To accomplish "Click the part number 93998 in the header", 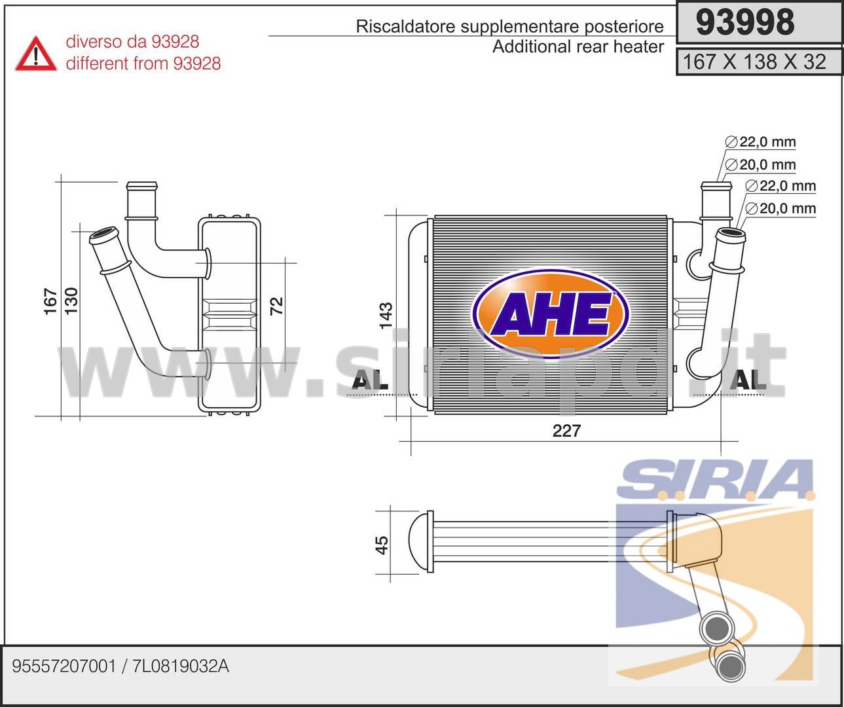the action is pos(745,22).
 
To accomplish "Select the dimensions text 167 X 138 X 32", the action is pos(754,62).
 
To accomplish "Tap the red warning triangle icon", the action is pos(36,54).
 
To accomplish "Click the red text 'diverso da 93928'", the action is pos(132,42).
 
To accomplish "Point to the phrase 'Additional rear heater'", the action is pos(578,46).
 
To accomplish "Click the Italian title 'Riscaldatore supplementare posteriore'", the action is pos(509,26).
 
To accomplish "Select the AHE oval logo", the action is pos(550,314).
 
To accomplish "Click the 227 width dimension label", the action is pos(566,431).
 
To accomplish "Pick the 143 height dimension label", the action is pos(386,315).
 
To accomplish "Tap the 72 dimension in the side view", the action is pos(277,306).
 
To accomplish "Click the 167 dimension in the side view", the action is pos(51,301).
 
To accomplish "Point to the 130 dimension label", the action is pos(71,300).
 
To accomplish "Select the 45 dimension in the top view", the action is pos(382,545).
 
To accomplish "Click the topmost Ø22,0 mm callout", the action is pos(760,142).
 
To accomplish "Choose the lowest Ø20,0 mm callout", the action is pos(780,209).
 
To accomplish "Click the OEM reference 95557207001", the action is pos(64,666).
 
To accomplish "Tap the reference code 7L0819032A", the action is pos(181,666).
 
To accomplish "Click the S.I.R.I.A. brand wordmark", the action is pos(716,480).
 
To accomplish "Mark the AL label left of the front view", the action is pos(370,381).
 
